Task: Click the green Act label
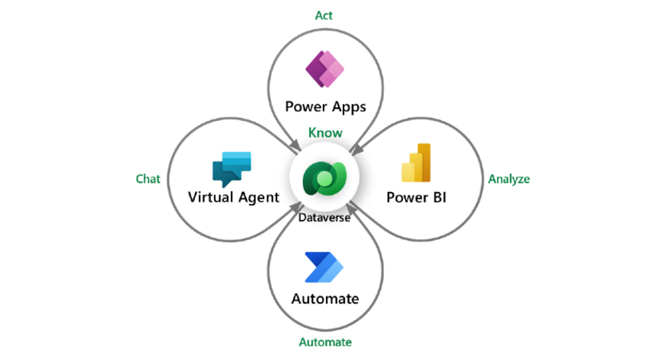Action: [x=324, y=16]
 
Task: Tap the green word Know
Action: [x=325, y=133]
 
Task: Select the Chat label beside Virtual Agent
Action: [x=148, y=179]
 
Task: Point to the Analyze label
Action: [x=509, y=180]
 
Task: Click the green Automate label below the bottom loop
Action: [x=325, y=342]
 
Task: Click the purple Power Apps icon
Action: [x=325, y=69]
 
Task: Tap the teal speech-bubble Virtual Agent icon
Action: [x=231, y=169]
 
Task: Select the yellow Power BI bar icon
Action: [x=417, y=163]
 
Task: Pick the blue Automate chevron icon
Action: [x=324, y=267]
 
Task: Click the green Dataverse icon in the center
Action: [x=325, y=178]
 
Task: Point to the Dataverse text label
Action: [x=324, y=218]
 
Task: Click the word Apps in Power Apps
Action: [x=349, y=107]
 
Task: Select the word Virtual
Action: [x=210, y=197]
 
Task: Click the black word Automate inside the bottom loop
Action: [x=325, y=299]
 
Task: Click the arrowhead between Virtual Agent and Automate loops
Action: [x=295, y=207]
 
